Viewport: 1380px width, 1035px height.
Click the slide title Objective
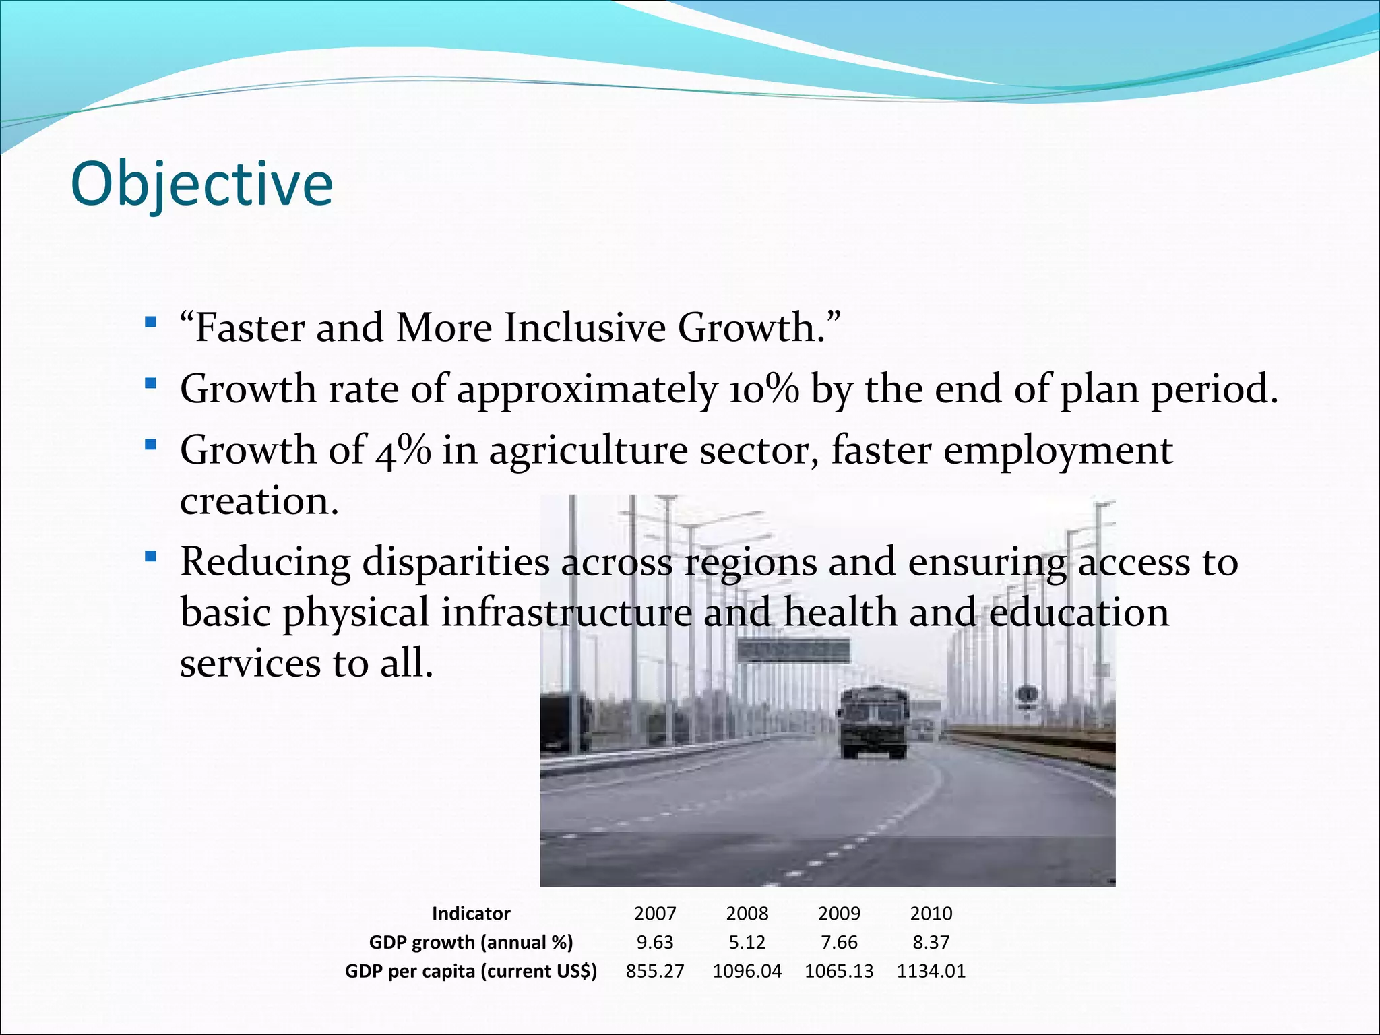(201, 184)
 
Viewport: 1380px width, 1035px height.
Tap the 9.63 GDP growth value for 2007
(655, 942)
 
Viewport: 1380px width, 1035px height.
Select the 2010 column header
(931, 914)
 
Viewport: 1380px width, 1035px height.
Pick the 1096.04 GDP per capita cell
(747, 971)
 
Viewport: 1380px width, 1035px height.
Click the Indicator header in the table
(471, 914)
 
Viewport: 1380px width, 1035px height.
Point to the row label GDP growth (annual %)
(471, 942)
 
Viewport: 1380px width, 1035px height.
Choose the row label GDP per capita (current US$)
(471, 971)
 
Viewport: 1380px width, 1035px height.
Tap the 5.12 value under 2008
(747, 942)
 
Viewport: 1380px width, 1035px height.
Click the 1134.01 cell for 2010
(931, 971)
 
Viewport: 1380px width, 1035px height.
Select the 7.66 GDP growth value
(839, 942)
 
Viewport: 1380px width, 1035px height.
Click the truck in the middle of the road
(873, 722)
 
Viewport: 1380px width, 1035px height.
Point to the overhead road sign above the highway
(792, 651)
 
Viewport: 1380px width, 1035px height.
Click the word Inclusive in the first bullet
(585, 328)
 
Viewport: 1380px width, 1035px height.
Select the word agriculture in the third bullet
(588, 451)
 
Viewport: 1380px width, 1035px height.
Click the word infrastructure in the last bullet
(566, 613)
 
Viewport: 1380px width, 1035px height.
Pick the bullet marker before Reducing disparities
(150, 557)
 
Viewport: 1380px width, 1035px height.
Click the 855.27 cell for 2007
(655, 971)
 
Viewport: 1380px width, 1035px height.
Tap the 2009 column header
(839, 914)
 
